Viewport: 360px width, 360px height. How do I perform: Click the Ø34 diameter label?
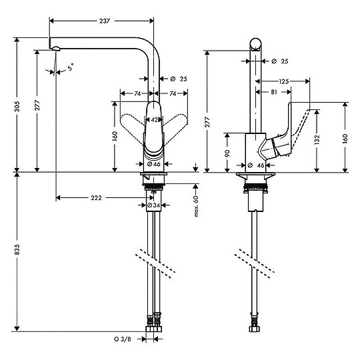pos(154,205)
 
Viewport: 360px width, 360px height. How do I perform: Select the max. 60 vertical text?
pos(197,207)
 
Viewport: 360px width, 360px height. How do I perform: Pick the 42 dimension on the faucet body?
pos(154,120)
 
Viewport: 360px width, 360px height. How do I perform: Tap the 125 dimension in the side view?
pos(284,81)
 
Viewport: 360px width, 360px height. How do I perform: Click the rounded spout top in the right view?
pos(255,45)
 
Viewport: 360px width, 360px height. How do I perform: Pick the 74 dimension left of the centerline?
pos(136,94)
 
